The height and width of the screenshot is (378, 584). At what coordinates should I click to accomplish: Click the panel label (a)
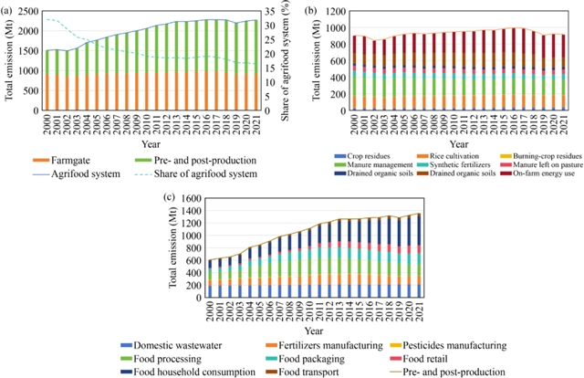tap(8, 7)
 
